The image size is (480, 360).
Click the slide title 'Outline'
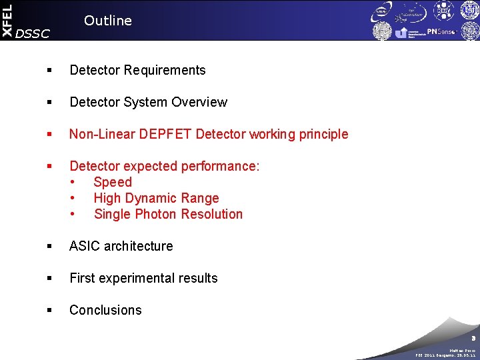tap(108, 21)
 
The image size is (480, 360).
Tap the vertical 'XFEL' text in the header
tap(7, 20)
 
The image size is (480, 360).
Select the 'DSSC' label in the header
tap(32, 34)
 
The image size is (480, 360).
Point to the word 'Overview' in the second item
tap(199, 102)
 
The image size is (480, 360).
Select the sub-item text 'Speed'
tap(113, 182)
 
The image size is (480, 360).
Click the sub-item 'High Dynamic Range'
tap(156, 198)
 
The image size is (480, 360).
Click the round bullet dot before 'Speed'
tap(73, 182)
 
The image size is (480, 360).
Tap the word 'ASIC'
tap(85, 246)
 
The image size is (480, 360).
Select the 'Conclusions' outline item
tap(105, 310)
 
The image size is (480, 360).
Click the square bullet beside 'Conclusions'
tap(51, 310)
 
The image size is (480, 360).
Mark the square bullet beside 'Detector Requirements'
tap(51, 70)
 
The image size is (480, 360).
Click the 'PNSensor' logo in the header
tap(442, 31)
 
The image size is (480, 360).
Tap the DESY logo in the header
tap(443, 11)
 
